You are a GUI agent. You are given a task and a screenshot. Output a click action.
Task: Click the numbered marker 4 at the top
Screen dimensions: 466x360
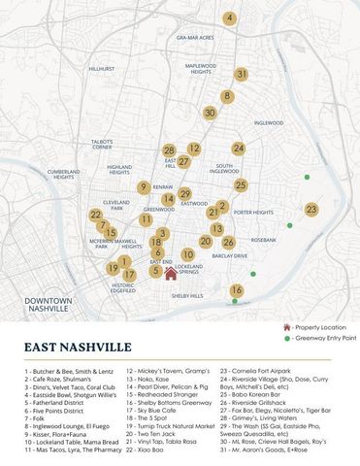point(229,18)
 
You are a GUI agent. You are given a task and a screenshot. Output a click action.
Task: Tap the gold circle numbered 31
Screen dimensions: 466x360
point(242,74)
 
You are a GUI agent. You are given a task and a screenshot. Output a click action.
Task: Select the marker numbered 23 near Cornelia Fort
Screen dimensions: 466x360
point(311,210)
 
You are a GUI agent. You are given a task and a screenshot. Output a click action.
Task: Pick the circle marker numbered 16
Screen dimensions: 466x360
point(237,290)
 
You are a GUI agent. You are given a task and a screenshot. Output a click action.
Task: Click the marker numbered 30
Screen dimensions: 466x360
point(210,113)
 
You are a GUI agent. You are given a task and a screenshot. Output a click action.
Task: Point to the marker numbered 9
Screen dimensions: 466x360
point(143,187)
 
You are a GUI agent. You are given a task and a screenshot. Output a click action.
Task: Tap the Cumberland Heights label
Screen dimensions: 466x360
point(63,174)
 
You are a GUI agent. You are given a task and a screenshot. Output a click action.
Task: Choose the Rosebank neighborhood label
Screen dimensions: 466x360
point(264,239)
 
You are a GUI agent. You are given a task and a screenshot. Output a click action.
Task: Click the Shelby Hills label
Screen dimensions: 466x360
point(187,295)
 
